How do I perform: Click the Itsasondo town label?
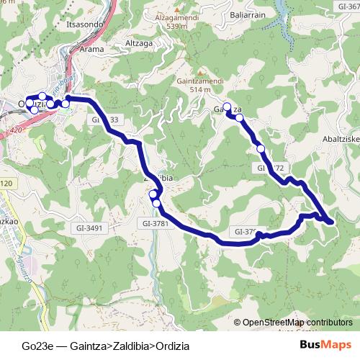pyautogui.click(x=84, y=24)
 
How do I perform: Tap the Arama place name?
pyautogui.click(x=93, y=49)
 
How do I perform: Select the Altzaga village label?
pyautogui.click(x=140, y=42)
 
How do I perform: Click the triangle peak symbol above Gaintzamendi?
pyautogui.click(x=197, y=73)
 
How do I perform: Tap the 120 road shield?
pyautogui.click(x=6, y=184)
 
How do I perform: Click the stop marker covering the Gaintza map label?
pyautogui.click(x=228, y=108)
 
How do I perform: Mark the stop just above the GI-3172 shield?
pyautogui.click(x=261, y=149)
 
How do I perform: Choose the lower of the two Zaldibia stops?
pyautogui.click(x=156, y=203)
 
